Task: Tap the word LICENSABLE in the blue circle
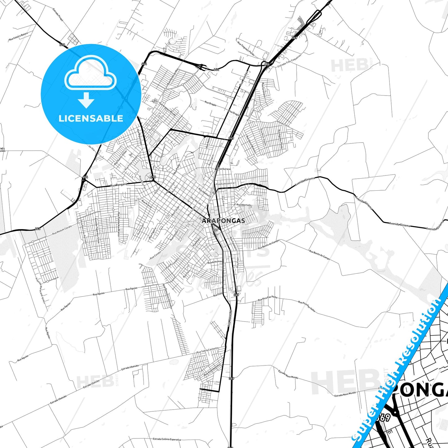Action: [91, 118]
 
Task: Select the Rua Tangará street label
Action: [119, 185]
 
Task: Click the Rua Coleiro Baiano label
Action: [18, 37]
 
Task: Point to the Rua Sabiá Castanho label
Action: [208, 350]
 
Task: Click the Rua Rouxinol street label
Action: [230, 318]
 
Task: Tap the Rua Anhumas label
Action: [215, 262]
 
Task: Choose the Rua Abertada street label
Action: [244, 205]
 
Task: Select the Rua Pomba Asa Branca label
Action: [118, 224]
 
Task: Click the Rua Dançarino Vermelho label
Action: [168, 296]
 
